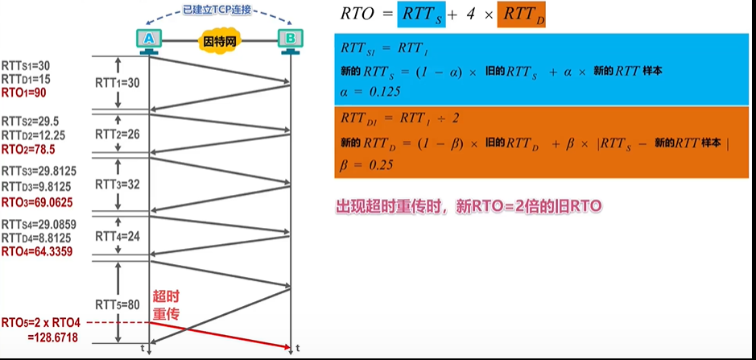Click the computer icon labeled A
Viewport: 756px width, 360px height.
(150, 40)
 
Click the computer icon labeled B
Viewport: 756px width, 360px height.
(291, 40)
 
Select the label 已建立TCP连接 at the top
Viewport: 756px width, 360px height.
(217, 9)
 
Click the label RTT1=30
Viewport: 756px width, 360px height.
(118, 83)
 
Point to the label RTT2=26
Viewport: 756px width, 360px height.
(118, 134)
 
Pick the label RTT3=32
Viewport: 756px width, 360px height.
(118, 184)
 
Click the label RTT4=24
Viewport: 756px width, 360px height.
(118, 237)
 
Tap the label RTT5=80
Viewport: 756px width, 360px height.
(118, 304)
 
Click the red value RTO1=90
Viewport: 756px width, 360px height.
(24, 93)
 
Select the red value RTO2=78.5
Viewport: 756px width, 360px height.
(28, 150)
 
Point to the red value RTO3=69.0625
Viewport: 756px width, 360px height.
(37, 203)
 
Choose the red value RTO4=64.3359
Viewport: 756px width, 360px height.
(37, 252)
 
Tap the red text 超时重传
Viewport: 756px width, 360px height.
(166, 305)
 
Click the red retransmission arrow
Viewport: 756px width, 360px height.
(220, 335)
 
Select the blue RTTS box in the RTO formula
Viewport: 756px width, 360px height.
(421, 14)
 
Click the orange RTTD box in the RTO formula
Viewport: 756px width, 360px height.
(521, 14)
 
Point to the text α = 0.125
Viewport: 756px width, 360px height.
(370, 91)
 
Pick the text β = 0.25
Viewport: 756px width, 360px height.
(366, 164)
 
